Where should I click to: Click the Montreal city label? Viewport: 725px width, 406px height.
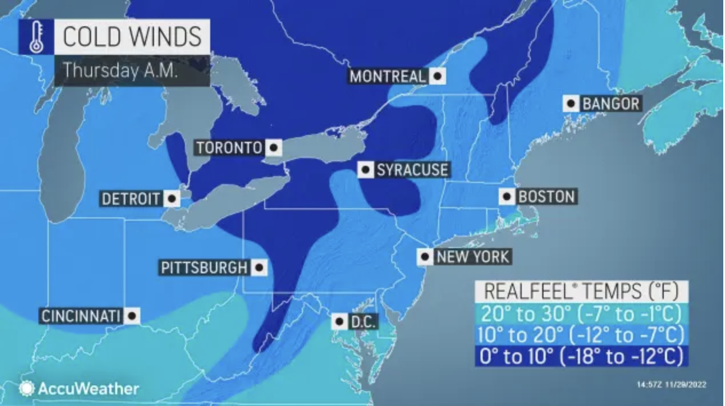point(388,76)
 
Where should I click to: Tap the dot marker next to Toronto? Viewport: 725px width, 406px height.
point(274,148)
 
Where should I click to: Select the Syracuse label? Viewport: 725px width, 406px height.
point(412,170)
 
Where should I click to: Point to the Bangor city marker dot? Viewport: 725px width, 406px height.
point(571,104)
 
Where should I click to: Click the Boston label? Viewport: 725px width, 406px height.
point(546,197)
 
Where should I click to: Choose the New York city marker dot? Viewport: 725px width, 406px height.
point(425,257)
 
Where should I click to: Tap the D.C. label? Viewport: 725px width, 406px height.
point(362,322)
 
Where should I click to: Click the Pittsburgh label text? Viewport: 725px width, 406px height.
point(204,268)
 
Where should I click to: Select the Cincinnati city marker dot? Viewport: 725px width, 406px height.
point(132,316)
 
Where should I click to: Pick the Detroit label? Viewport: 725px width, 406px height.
point(131,199)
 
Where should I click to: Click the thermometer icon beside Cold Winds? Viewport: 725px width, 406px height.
point(36,37)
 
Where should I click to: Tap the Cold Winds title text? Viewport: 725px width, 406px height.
point(131,37)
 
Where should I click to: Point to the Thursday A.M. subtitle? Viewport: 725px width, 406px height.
point(120,70)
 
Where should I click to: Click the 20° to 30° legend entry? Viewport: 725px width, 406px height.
point(581,314)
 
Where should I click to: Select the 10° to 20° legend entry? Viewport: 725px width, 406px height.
point(581,335)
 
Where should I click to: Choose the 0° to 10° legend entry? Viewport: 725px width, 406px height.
point(581,356)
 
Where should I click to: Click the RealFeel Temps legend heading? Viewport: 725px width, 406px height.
point(581,291)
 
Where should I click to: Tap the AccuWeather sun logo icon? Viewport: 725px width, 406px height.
point(26,389)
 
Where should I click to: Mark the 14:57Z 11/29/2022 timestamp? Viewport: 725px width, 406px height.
point(671,385)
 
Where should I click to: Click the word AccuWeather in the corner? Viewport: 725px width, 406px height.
point(88,389)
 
